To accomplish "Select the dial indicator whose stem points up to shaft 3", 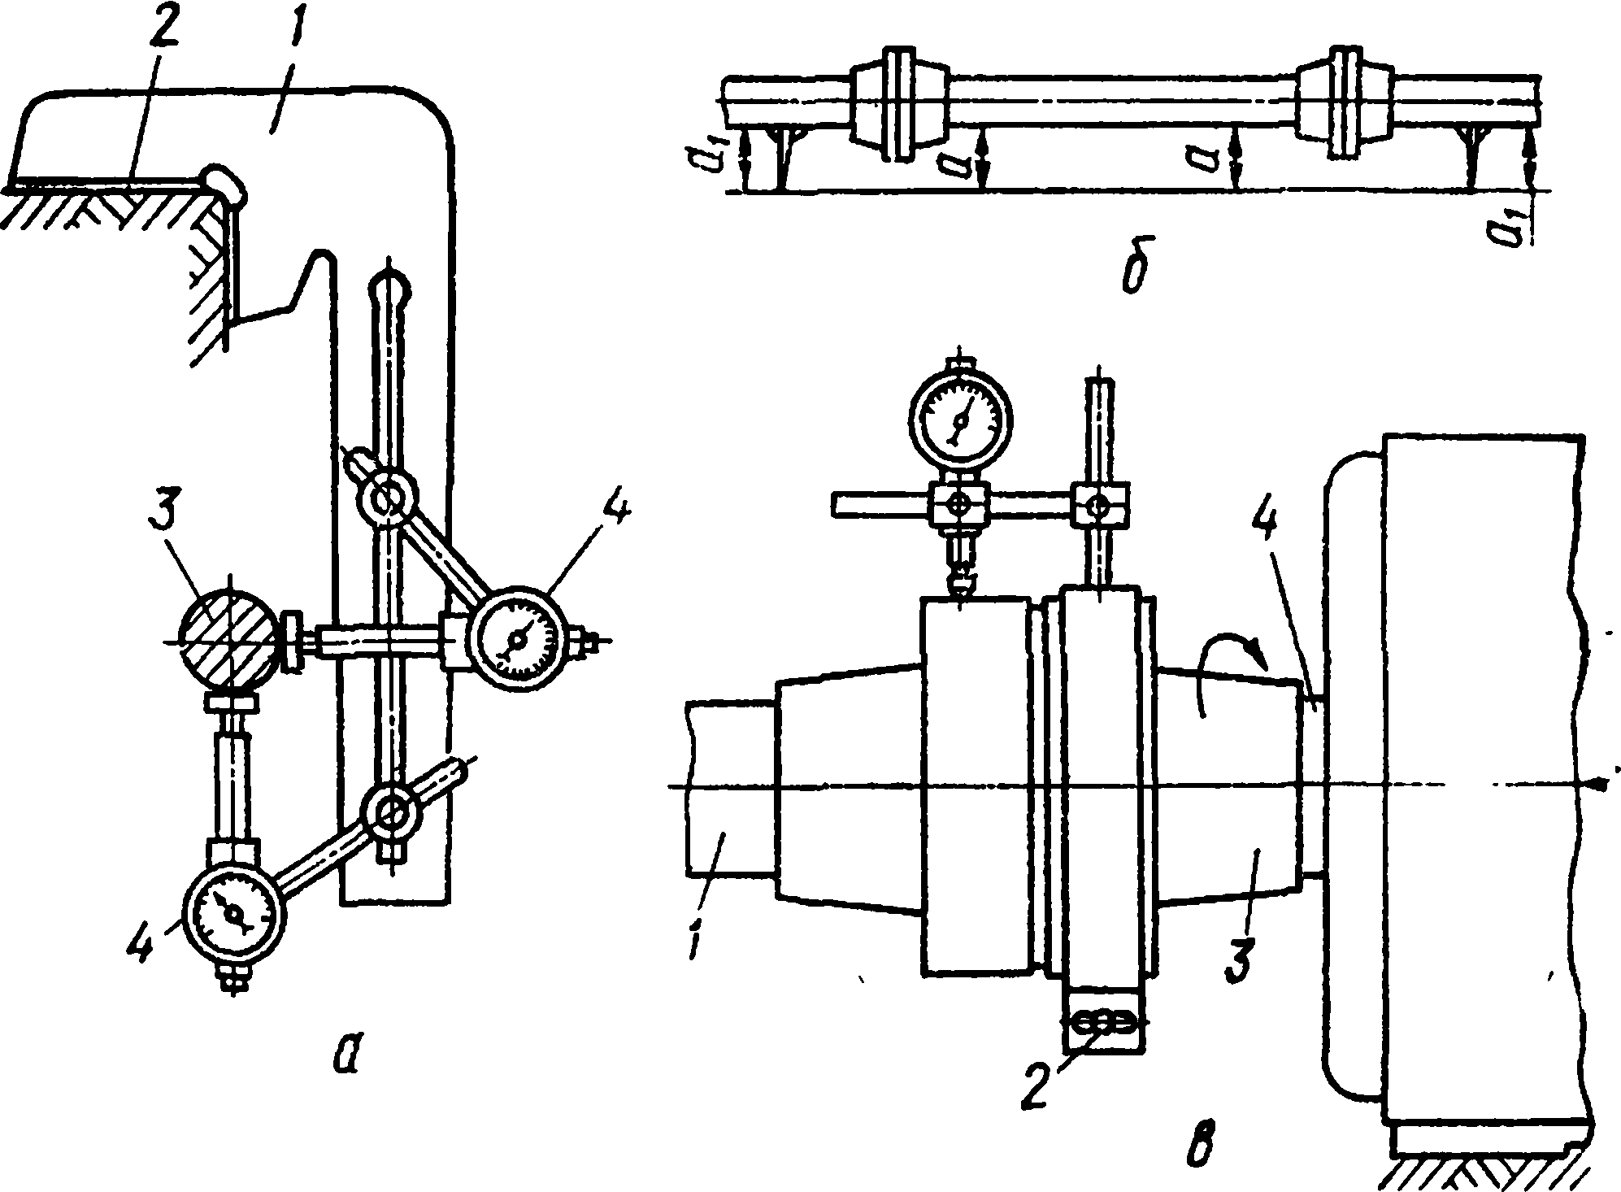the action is click(236, 914).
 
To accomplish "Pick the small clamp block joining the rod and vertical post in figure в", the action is click(1098, 505).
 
